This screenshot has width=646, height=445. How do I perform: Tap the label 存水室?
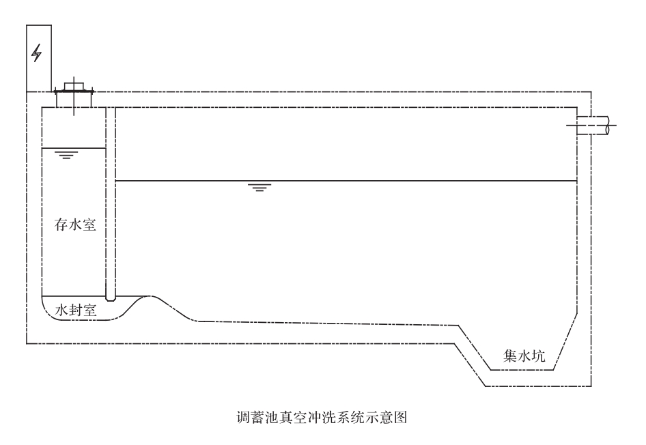click(75, 225)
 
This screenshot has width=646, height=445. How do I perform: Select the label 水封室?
click(75, 310)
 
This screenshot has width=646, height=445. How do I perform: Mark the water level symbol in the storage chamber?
click(66, 155)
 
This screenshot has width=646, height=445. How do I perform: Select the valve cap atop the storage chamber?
click(72, 87)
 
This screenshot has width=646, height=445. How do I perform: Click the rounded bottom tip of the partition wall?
click(111, 298)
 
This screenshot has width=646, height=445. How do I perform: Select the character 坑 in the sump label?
click(540, 354)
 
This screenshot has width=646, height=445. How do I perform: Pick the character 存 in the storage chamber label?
click(60, 225)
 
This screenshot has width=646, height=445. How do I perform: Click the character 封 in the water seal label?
click(75, 310)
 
